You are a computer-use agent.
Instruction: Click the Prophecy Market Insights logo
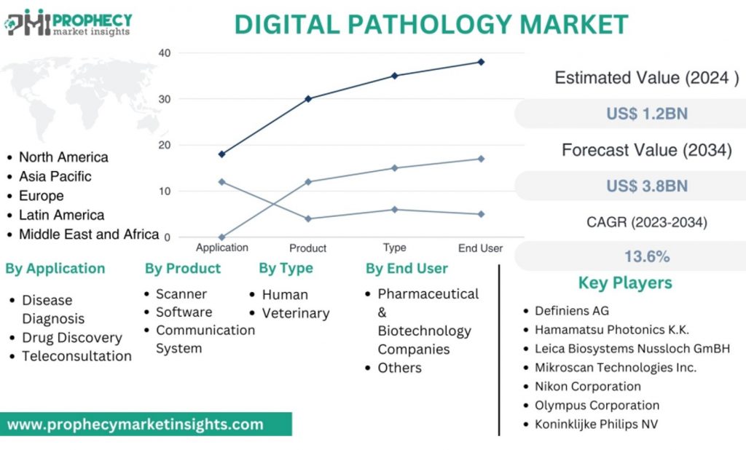pyautogui.click(x=68, y=23)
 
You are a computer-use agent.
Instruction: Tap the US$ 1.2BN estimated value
pyautogui.click(x=646, y=114)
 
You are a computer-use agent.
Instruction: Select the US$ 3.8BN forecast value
pyautogui.click(x=646, y=186)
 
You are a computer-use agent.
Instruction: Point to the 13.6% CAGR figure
pyautogui.click(x=646, y=256)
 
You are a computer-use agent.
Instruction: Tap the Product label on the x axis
pyautogui.click(x=307, y=248)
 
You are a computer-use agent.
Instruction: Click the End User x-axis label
pyautogui.click(x=480, y=248)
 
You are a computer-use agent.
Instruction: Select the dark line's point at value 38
pyautogui.click(x=481, y=62)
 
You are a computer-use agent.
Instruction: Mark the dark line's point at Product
pyautogui.click(x=308, y=98)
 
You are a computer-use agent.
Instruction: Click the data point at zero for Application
pyautogui.click(x=221, y=237)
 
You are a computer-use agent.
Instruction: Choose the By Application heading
pyautogui.click(x=55, y=269)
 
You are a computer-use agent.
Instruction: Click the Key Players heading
pyautogui.click(x=625, y=283)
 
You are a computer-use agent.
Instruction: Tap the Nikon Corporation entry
pyautogui.click(x=587, y=387)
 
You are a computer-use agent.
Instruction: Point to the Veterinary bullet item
pyautogui.click(x=296, y=314)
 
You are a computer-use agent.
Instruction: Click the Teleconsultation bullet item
pyautogui.click(x=76, y=356)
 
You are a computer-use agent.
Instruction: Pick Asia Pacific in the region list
pyautogui.click(x=55, y=176)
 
